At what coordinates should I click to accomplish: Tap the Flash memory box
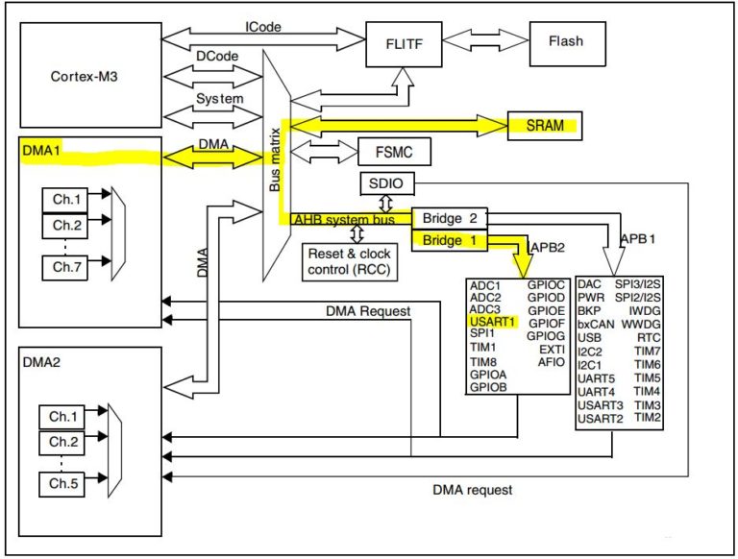pos(564,42)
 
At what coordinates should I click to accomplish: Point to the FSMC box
pos(392,152)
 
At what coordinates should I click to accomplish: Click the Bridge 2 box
pos(450,219)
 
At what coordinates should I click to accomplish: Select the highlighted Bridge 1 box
pos(450,240)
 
